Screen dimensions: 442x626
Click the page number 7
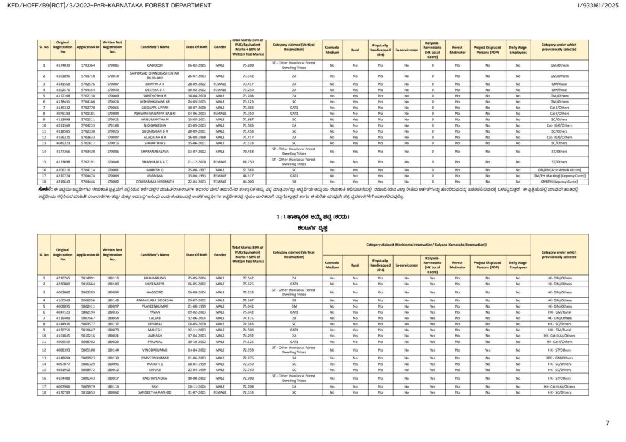(x=607, y=423)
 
